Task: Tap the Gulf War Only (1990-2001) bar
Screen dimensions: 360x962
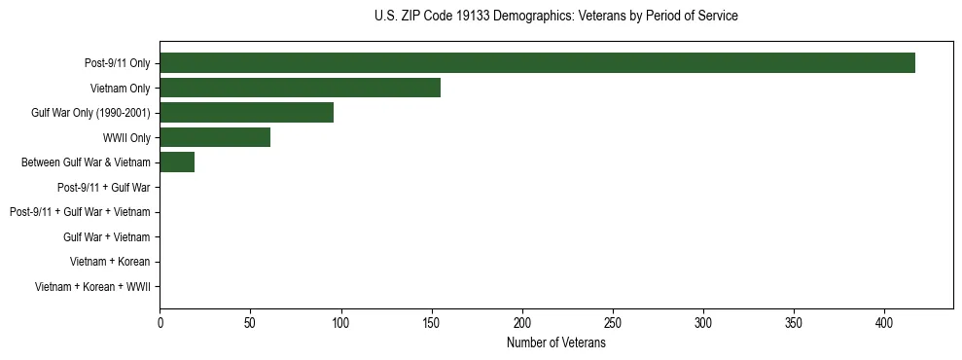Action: pos(246,113)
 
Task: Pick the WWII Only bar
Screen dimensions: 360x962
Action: pos(215,137)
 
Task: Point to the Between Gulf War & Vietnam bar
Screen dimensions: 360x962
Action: pos(177,162)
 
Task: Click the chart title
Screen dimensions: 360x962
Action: pos(555,17)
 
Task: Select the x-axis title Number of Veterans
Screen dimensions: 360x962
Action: pos(555,343)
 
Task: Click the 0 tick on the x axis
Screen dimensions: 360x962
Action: pos(160,323)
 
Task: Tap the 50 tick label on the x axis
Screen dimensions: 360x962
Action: pos(250,323)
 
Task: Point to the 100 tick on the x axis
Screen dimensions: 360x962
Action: pos(340,323)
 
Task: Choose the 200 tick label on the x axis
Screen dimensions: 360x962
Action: pos(522,323)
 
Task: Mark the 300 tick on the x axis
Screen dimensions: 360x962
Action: pos(703,323)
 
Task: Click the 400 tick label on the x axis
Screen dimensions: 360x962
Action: pos(884,323)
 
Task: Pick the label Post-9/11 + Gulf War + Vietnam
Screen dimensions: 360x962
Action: pos(80,212)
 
